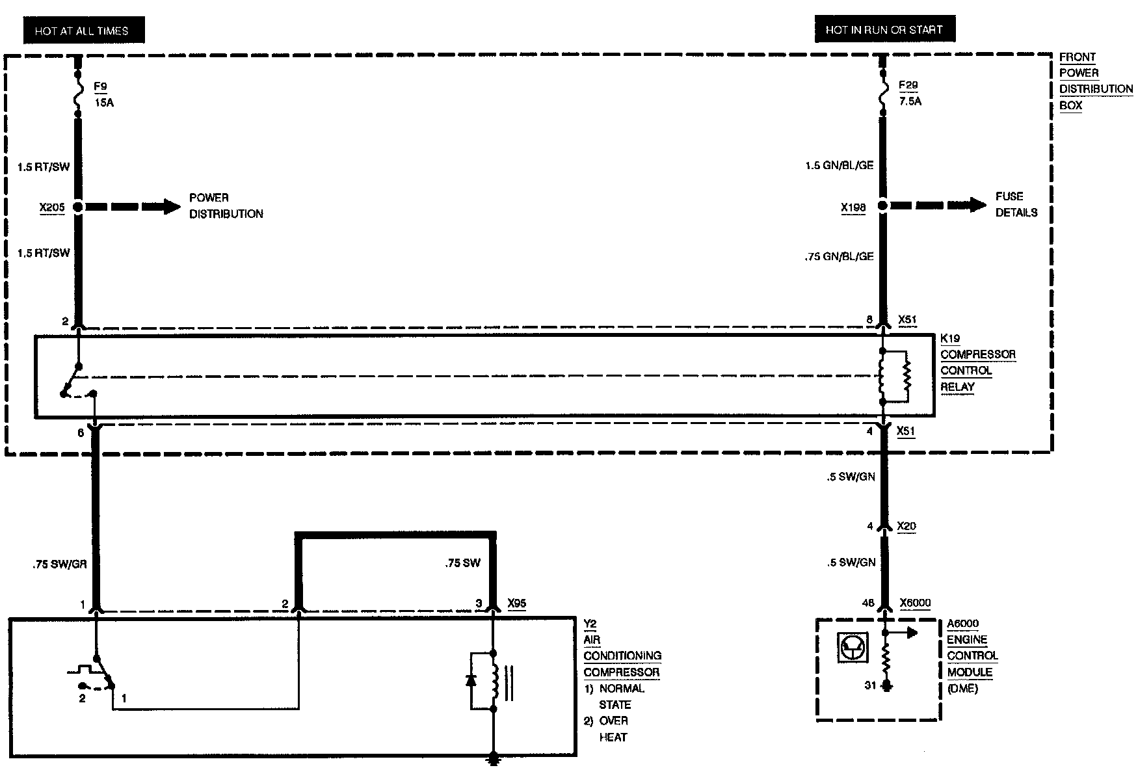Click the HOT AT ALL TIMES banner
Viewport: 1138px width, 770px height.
(82, 31)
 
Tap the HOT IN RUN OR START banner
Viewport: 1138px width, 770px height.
(883, 30)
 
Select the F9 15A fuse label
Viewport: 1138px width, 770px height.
(102, 94)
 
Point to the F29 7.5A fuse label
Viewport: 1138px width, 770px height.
(909, 93)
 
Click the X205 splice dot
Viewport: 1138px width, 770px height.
(78, 207)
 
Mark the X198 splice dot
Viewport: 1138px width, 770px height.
(882, 206)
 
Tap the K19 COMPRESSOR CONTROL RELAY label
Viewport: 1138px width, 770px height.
(977, 363)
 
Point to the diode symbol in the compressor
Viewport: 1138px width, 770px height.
(471, 680)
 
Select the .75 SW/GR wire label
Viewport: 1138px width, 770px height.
(60, 564)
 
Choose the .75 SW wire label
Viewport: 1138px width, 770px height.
(463, 563)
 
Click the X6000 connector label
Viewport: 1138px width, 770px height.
(915, 603)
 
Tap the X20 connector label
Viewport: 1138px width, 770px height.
(906, 526)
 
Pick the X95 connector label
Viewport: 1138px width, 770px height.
(516, 604)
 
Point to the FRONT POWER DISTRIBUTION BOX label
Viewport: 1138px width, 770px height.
(1095, 81)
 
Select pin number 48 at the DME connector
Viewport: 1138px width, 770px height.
(868, 604)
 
